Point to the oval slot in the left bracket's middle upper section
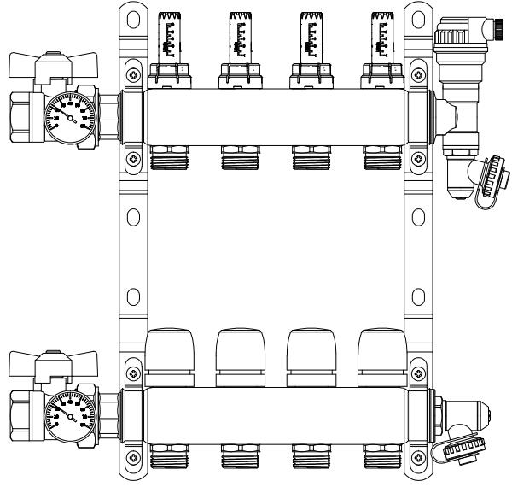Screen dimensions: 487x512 click(x=132, y=214)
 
